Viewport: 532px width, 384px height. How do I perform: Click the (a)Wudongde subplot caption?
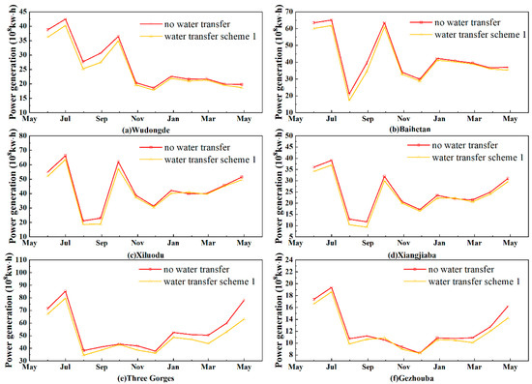point(139,128)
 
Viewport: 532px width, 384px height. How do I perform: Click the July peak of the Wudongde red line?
point(66,19)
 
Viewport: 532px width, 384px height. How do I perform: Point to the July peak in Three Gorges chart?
point(66,291)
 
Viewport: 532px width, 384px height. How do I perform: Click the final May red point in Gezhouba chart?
point(506,307)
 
